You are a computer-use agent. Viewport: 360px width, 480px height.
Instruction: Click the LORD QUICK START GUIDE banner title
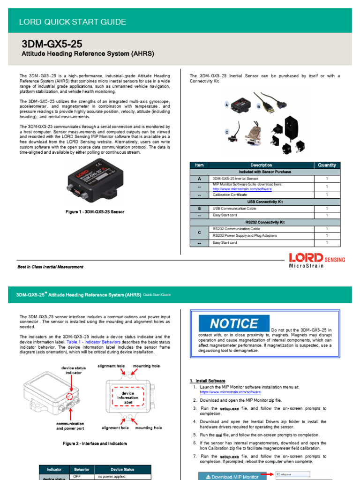click(72, 22)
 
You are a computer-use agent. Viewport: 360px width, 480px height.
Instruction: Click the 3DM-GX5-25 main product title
click(52, 44)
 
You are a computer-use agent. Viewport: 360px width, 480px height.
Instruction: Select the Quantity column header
click(327, 165)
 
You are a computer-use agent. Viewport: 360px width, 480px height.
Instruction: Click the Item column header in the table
click(199, 165)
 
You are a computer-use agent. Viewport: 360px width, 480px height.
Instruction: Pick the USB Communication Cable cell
click(234, 208)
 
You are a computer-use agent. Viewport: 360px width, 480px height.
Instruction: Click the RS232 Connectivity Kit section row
click(265, 222)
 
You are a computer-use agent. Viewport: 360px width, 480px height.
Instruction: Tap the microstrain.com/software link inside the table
click(242, 189)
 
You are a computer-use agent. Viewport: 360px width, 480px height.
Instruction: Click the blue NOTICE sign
click(234, 323)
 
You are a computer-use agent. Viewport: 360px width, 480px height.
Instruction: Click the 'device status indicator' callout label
click(71, 370)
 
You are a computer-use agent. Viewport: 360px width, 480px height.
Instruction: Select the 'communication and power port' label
click(70, 426)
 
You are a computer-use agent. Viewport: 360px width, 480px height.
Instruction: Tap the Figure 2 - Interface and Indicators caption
click(95, 443)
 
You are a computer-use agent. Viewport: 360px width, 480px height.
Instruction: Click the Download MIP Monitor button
click(232, 476)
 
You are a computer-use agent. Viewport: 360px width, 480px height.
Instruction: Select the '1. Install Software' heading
click(208, 381)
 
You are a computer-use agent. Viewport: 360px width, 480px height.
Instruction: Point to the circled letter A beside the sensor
click(227, 105)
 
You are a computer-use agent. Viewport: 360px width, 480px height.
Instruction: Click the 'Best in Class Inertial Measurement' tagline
click(51, 267)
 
